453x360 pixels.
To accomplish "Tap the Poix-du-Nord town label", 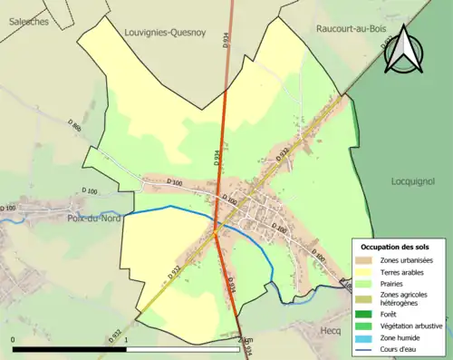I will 94,219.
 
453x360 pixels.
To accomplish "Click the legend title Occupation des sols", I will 395,247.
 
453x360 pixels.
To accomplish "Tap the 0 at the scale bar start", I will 14,339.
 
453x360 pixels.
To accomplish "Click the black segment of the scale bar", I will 70,348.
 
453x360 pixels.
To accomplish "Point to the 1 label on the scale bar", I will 126,339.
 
